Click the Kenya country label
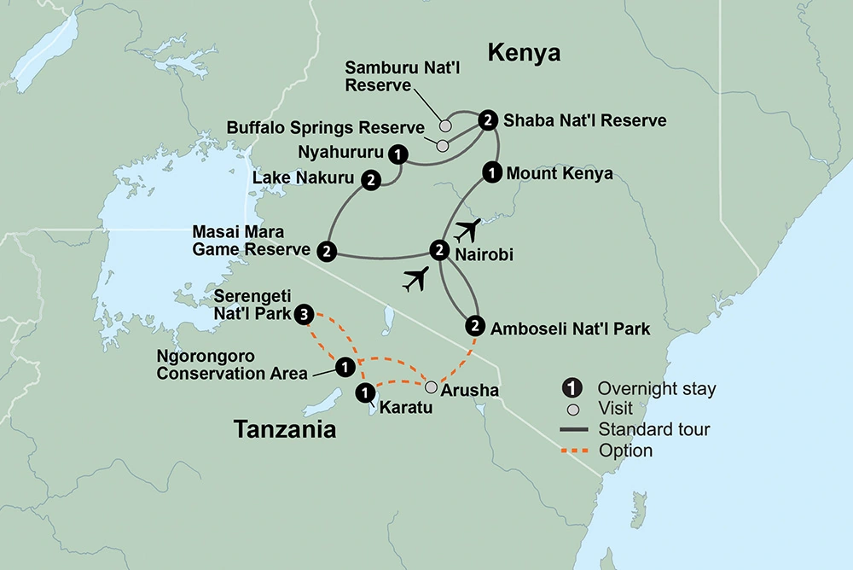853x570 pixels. [524, 54]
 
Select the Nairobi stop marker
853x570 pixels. [438, 250]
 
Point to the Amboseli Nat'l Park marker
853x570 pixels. [475, 325]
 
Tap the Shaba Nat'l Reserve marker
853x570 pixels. [487, 119]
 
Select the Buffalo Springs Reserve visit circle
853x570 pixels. [442, 145]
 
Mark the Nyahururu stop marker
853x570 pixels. [397, 154]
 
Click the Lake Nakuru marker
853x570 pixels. [371, 179]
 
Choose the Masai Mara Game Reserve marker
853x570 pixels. [326, 251]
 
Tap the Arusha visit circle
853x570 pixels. [432, 386]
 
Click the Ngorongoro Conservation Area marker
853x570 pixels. [344, 367]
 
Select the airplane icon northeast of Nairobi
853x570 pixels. [468, 230]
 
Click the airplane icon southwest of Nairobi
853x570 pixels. [415, 279]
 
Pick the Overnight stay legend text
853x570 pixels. [657, 389]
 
